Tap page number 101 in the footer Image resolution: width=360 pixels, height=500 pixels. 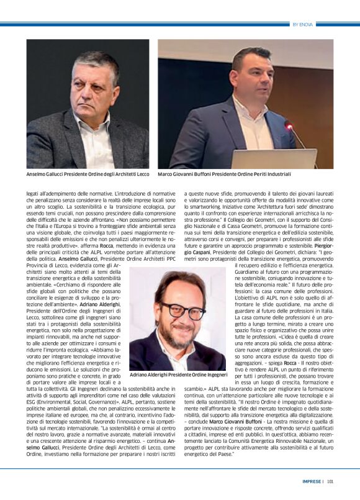pyautogui.click(x=330, y=480)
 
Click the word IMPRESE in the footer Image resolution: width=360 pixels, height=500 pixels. pyautogui.click(x=312, y=480)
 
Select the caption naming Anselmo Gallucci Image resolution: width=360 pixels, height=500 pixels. pyautogui.click(x=88, y=175)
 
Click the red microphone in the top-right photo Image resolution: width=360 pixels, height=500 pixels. pyautogui.click(x=288, y=125)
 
